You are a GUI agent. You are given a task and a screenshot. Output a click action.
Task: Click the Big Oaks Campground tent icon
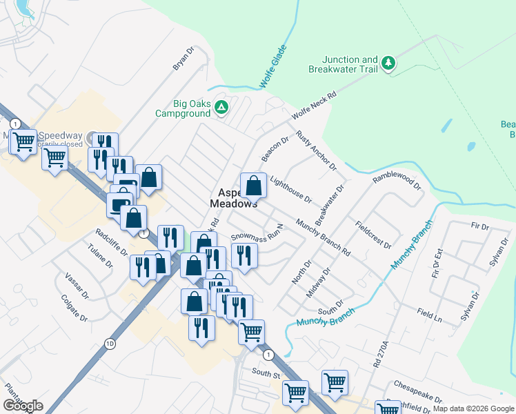tap(221, 107)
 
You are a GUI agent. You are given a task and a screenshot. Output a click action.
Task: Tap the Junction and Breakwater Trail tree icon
tap(389, 63)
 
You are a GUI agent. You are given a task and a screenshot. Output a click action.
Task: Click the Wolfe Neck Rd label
tap(314, 103)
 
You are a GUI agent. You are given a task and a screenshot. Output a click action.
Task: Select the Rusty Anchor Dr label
tap(315, 151)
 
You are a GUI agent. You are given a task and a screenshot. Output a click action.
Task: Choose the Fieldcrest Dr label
tap(373, 235)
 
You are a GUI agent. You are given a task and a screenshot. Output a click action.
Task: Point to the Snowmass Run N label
tap(257, 235)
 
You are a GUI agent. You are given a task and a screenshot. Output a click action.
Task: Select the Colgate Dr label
tap(75, 308)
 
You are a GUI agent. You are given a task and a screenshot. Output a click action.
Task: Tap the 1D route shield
tap(110, 344)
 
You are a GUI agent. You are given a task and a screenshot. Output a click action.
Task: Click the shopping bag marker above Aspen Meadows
tap(253, 185)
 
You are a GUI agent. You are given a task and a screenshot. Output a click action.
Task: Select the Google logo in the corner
tap(23, 406)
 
